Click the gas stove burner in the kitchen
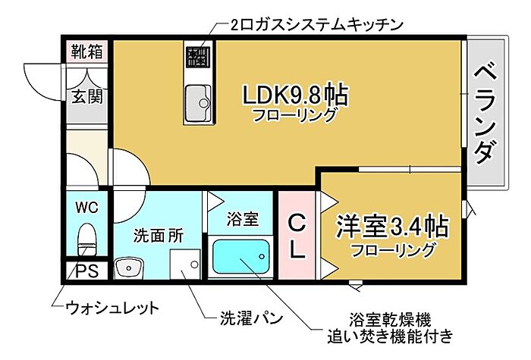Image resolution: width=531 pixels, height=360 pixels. coord(199,57)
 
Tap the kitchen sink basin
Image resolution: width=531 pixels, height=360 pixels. coord(199,103)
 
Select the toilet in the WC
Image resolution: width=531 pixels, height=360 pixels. coord(86,239)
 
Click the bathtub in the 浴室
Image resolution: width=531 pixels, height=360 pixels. coord(240,256)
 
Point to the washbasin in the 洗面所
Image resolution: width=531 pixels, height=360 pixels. coord(129,268)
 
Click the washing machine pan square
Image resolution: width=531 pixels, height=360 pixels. coord(185,265)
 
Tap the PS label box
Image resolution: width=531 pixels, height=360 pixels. coord(86,271)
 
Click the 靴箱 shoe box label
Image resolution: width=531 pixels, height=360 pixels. coord(86,52)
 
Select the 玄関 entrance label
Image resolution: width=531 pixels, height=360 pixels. coord(87,97)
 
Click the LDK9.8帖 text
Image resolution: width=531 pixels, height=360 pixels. coord(295,95)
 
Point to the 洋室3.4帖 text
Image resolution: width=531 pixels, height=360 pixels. coord(392,226)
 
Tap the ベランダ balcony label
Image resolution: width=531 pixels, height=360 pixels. coord(485,113)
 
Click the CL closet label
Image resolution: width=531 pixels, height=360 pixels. coord(297,236)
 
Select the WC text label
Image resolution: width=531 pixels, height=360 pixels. coord(87,207)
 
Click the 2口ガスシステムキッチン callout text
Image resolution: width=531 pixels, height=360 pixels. coord(316,25)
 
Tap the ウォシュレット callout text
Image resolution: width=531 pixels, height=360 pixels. coord(112,308)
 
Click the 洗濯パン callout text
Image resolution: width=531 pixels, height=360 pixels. coord(251,318)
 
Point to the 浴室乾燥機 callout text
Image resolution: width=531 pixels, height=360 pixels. coord(390,319)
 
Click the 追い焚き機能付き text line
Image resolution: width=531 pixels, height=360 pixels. coord(390,336)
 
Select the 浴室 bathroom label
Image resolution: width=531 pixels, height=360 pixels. coord(243,218)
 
